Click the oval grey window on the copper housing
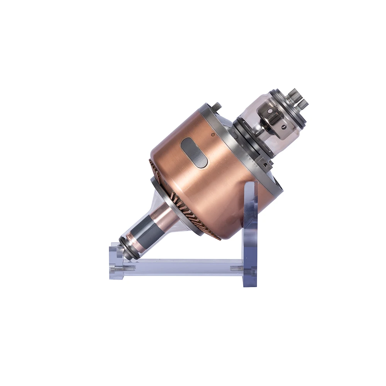pos(194,152)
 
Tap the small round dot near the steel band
pos(213,135)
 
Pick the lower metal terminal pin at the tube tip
pos(303,103)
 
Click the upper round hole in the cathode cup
pos(270,111)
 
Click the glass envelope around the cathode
pos(255,116)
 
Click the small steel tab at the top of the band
pos(217,105)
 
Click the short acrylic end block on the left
pos(115,262)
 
